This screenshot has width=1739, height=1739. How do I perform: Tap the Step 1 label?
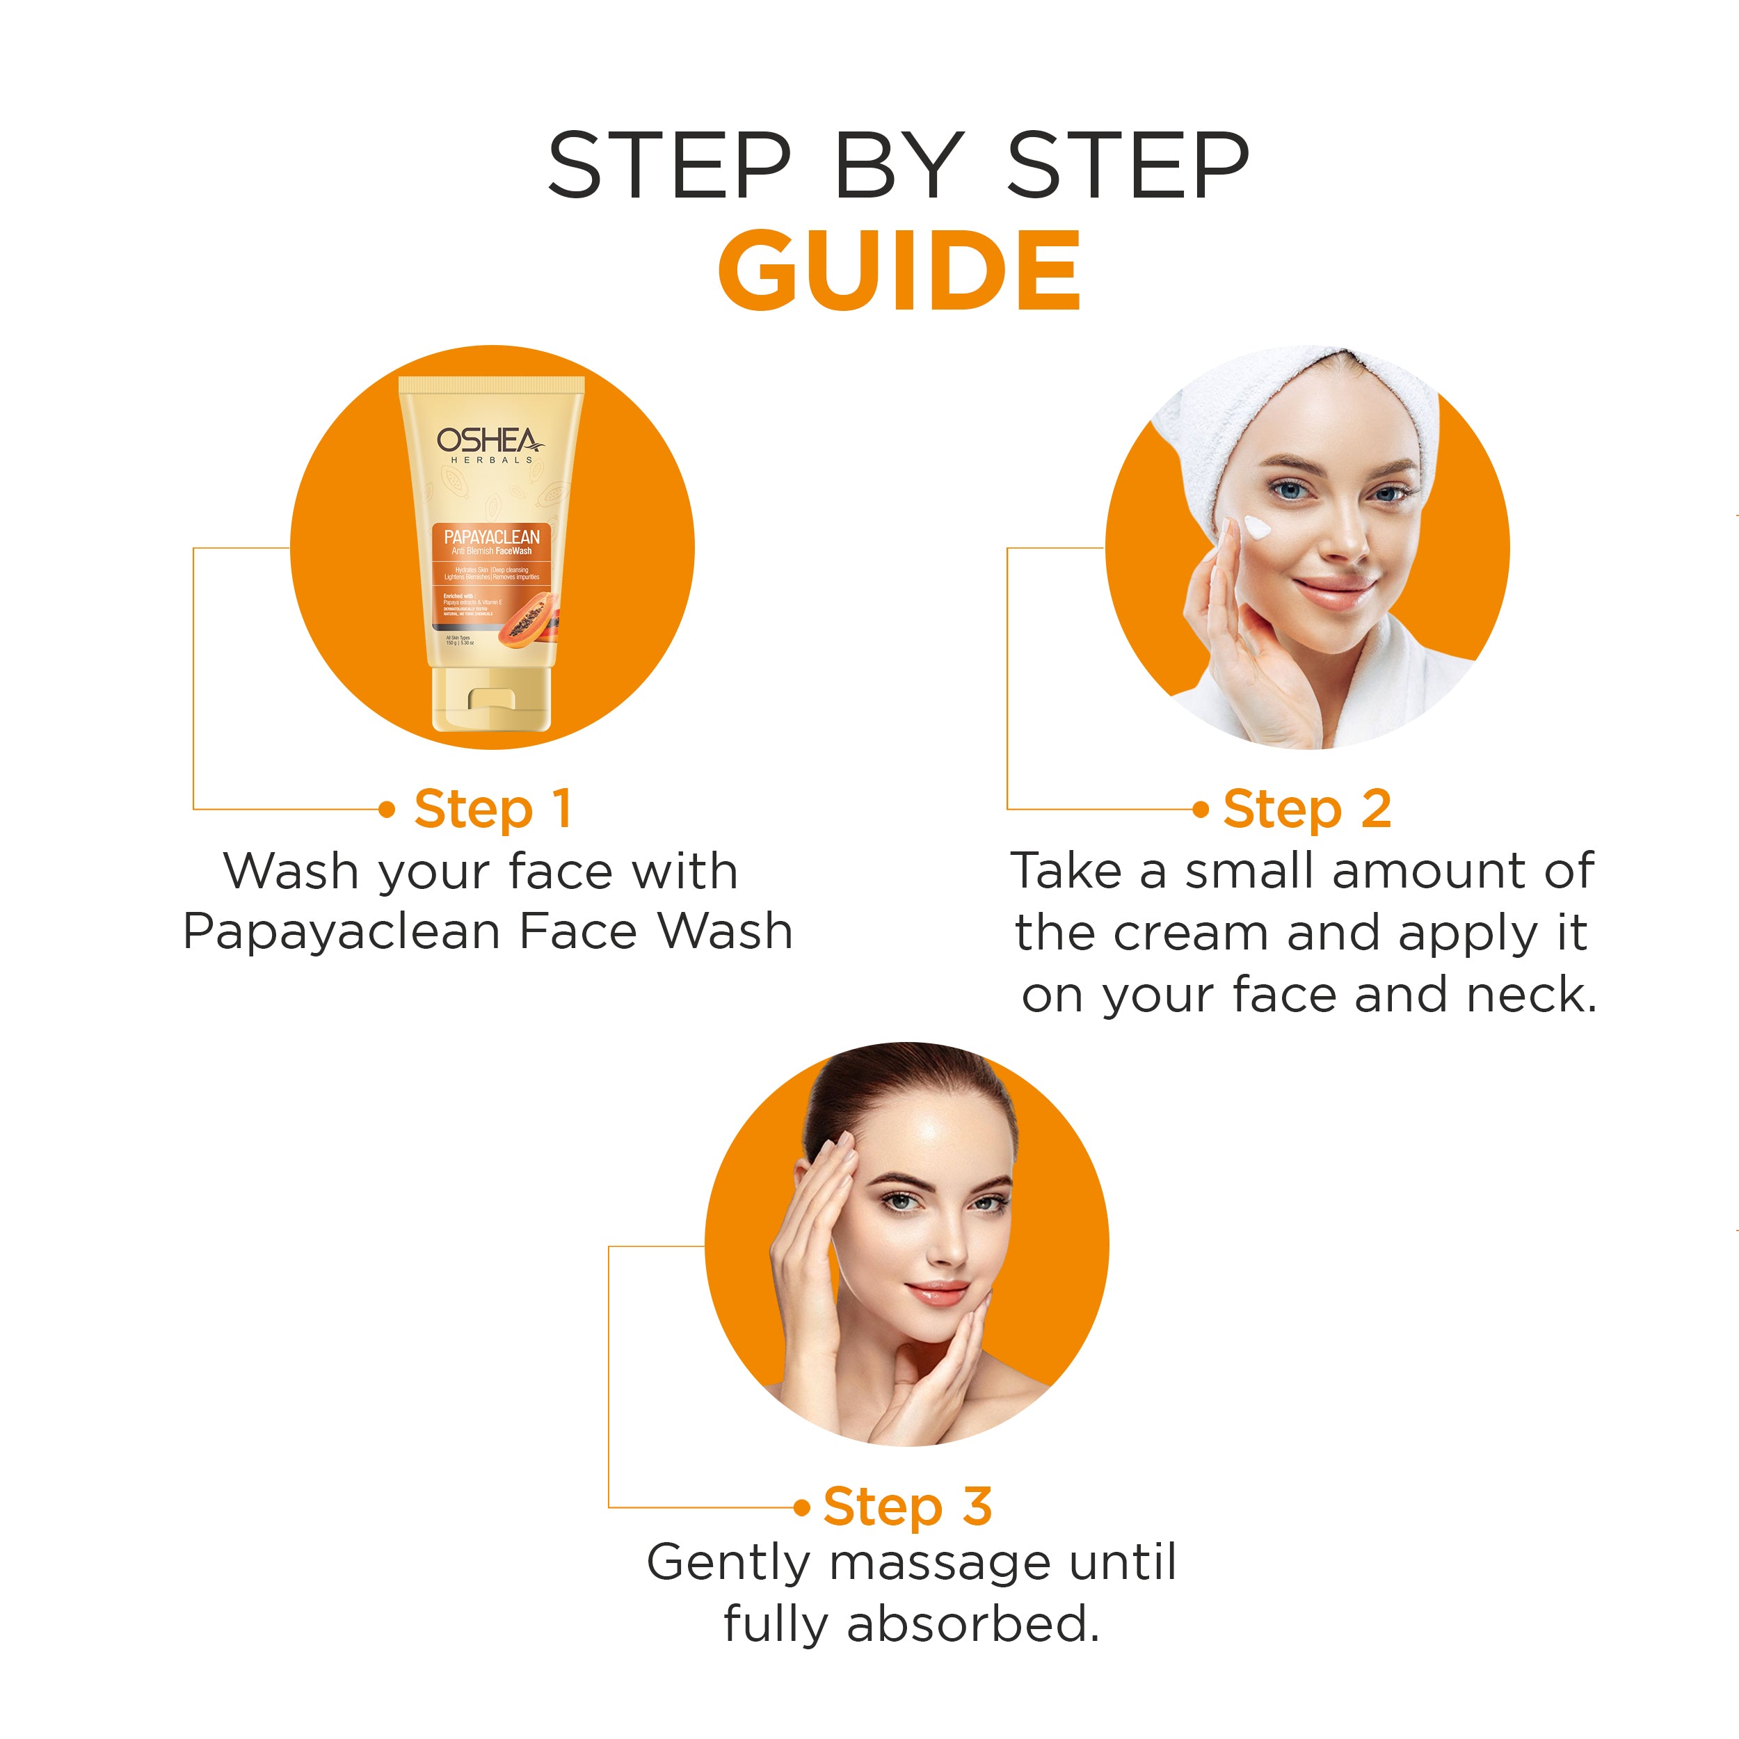click(x=492, y=809)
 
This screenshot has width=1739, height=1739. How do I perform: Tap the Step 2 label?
click(x=1306, y=809)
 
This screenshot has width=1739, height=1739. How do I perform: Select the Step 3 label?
click(x=906, y=1507)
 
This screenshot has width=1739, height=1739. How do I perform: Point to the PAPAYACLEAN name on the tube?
click(x=492, y=536)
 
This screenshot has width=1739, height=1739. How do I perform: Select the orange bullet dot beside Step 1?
click(x=387, y=809)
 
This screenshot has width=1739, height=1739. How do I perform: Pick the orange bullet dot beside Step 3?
click(x=802, y=1507)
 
